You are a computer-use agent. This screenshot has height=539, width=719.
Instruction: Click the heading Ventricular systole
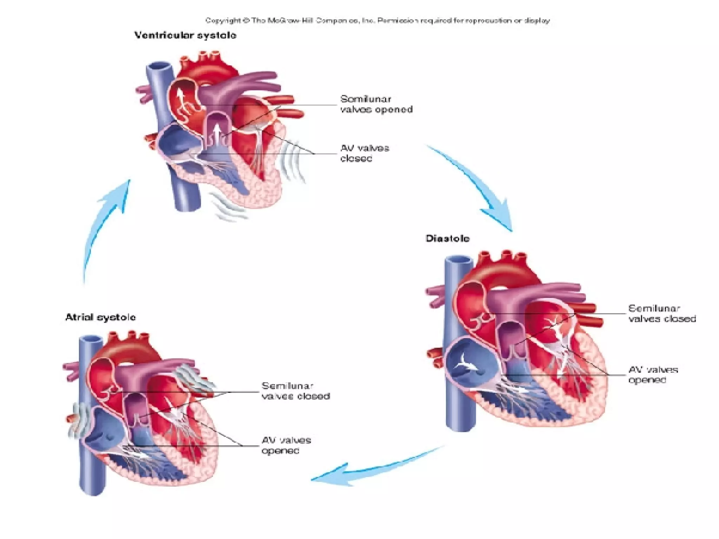pyautogui.click(x=185, y=35)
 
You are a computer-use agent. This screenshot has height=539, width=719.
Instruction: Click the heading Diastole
pyautogui.click(x=447, y=239)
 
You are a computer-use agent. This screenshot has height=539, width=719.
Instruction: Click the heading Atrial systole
pyautogui.click(x=100, y=317)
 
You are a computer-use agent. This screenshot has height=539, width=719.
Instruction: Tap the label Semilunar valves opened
pyautogui.click(x=376, y=104)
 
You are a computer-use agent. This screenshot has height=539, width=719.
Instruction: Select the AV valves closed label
pyautogui.click(x=364, y=153)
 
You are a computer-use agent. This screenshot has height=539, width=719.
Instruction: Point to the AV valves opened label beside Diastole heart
pyautogui.click(x=653, y=374)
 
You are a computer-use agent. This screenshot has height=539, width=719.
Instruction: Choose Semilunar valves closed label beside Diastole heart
pyautogui.click(x=662, y=314)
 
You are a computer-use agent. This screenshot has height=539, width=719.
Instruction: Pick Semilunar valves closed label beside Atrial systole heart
pyautogui.click(x=296, y=391)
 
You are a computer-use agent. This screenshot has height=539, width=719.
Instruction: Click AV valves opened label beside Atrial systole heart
pyautogui.click(x=286, y=445)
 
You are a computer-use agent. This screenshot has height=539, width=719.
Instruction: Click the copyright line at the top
pyautogui.click(x=377, y=21)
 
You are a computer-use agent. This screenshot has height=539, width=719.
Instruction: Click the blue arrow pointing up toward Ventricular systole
pyautogui.click(x=105, y=225)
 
